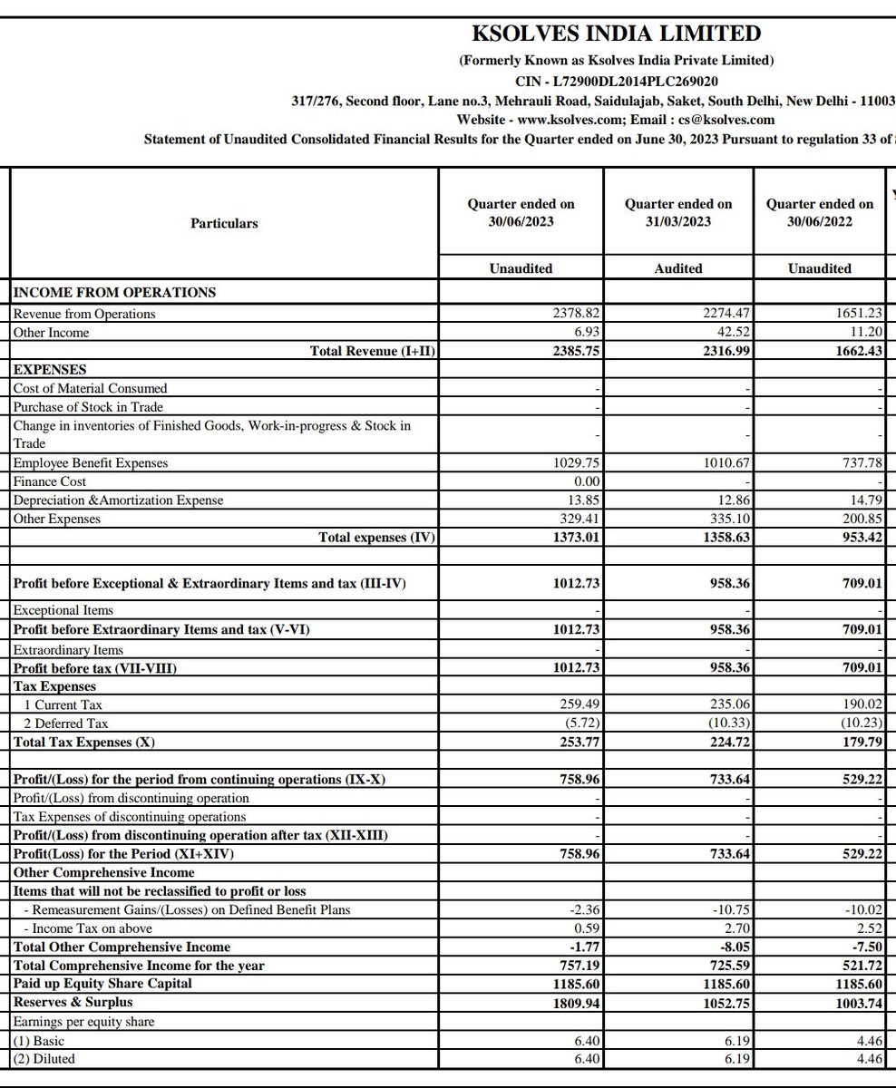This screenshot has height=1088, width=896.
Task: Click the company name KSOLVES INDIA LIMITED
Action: coord(617,34)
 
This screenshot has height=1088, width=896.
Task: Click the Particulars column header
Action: coord(224,223)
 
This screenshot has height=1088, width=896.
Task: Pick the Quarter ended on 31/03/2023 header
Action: coord(678,213)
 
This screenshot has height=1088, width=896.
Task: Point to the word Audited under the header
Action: coord(678,268)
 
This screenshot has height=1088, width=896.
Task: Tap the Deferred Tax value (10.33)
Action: coord(731,723)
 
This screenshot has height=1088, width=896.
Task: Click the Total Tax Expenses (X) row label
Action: coord(84,742)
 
